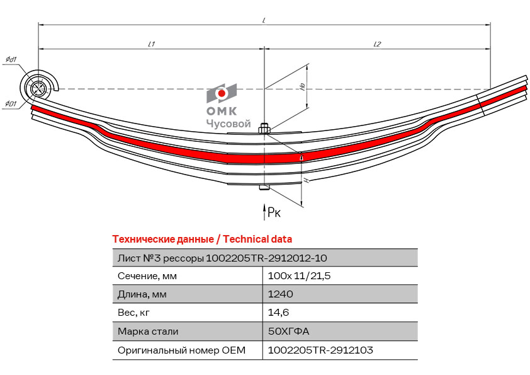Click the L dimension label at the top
pyautogui.click(x=264, y=21)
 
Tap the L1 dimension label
pyautogui.click(x=152, y=44)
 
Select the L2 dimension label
pyautogui.click(x=377, y=44)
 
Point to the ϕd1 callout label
pyautogui.click(x=11, y=60)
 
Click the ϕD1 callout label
pyautogui.click(x=11, y=103)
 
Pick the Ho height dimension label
pyautogui.click(x=303, y=86)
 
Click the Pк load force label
pyautogui.click(x=274, y=212)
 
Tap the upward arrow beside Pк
pyautogui.click(x=264, y=212)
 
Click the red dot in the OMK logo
pyautogui.click(x=222, y=93)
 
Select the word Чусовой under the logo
pyautogui.click(x=228, y=124)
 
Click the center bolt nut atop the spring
pyautogui.click(x=264, y=129)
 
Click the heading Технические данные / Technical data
pyautogui.click(x=202, y=239)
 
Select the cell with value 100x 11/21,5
pyautogui.click(x=299, y=276)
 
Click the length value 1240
pyautogui.click(x=280, y=294)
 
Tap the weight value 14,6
pyautogui.click(x=278, y=313)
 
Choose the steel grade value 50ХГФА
pyautogui.click(x=288, y=331)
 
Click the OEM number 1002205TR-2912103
pyautogui.click(x=320, y=350)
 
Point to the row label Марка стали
pyautogui.click(x=148, y=331)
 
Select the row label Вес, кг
pyautogui.click(x=133, y=313)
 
